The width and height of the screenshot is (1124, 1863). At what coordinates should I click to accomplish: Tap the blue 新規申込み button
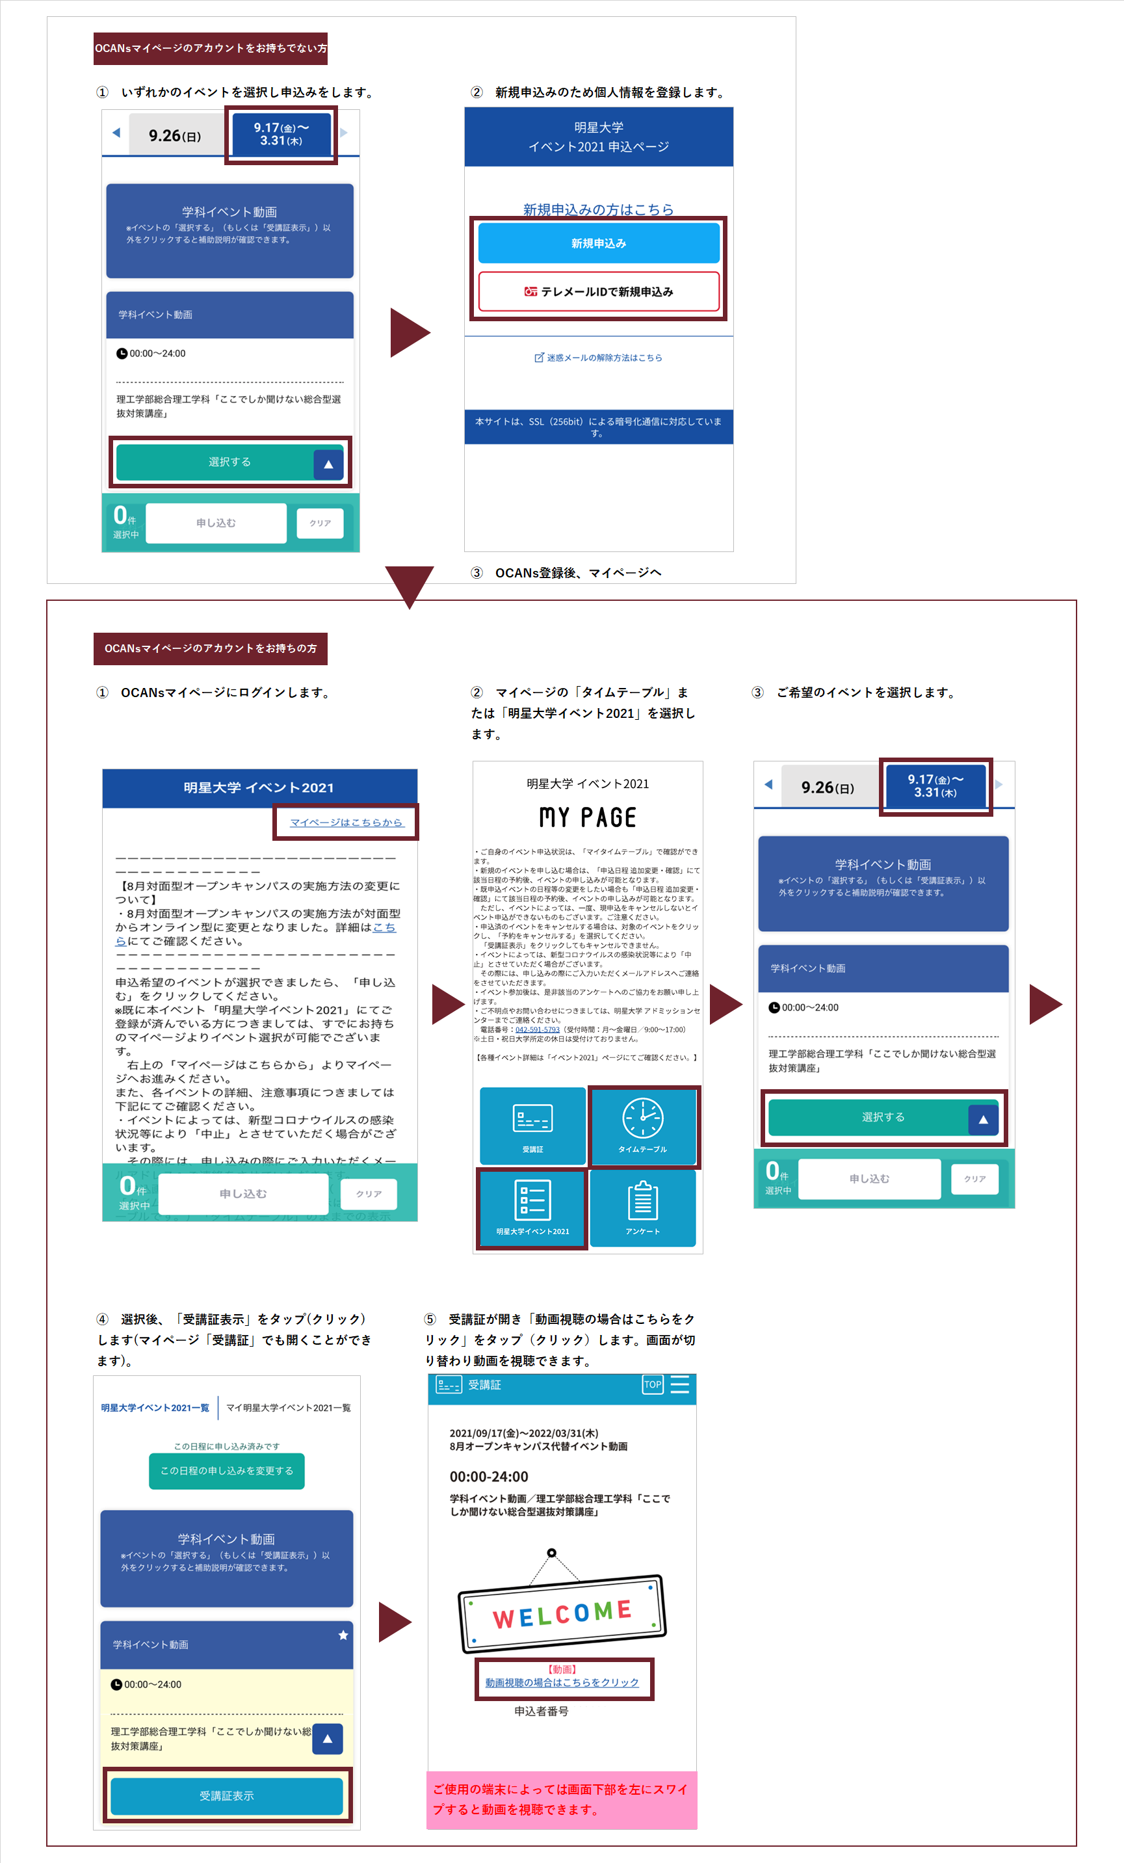click(x=598, y=243)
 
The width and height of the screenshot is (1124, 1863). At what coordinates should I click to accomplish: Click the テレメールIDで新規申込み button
click(x=598, y=291)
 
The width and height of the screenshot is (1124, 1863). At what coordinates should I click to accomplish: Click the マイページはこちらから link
click(x=346, y=822)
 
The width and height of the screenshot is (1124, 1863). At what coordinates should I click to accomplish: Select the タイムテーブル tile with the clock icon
click(x=643, y=1126)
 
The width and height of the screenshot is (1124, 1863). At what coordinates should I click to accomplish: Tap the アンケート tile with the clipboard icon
click(x=642, y=1208)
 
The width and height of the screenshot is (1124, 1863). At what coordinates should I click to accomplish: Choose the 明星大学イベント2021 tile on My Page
click(x=532, y=1208)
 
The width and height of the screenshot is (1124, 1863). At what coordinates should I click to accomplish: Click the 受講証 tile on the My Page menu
click(x=533, y=1126)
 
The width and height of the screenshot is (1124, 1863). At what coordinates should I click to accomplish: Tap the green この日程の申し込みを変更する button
click(x=227, y=1471)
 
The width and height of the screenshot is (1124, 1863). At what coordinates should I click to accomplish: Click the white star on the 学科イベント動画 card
click(x=343, y=1635)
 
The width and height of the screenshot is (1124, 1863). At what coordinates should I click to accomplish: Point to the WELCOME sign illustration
click(x=562, y=1613)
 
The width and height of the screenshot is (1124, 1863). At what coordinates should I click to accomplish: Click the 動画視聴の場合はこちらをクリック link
click(x=562, y=1682)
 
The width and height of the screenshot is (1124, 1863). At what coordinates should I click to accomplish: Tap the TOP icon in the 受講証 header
click(x=652, y=1384)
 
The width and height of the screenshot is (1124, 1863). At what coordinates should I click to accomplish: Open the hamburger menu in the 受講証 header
click(x=679, y=1384)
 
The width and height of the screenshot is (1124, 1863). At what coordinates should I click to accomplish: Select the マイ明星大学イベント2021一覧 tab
click(x=288, y=1408)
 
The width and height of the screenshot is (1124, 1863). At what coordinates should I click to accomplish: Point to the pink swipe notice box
click(x=562, y=1799)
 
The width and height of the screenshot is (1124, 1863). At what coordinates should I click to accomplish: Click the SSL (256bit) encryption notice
click(x=598, y=427)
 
